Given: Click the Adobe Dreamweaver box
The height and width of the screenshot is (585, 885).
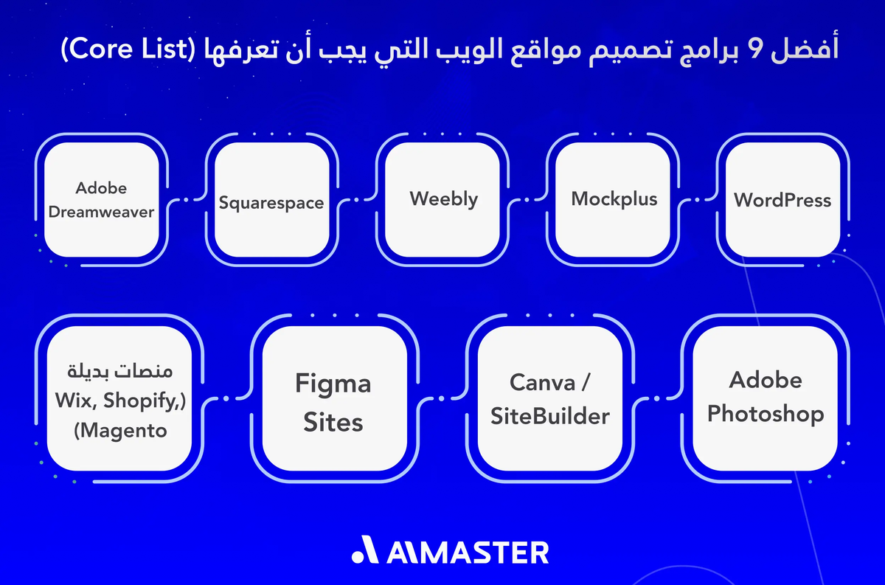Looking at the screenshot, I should (x=101, y=199).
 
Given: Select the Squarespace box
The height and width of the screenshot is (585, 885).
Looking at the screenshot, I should (x=271, y=201).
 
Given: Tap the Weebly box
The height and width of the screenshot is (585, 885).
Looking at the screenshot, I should (x=443, y=199).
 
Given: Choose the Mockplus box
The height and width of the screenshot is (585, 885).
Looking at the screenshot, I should (x=614, y=199).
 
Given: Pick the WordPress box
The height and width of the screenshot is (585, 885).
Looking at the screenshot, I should (x=782, y=199).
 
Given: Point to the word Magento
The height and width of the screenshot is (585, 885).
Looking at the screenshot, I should (x=119, y=430).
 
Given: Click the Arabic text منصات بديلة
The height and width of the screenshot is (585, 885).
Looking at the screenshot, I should (x=119, y=369).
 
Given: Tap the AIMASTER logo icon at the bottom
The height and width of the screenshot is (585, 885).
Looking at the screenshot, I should (x=364, y=551).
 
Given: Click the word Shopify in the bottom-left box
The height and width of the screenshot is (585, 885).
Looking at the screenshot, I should (x=139, y=400).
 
